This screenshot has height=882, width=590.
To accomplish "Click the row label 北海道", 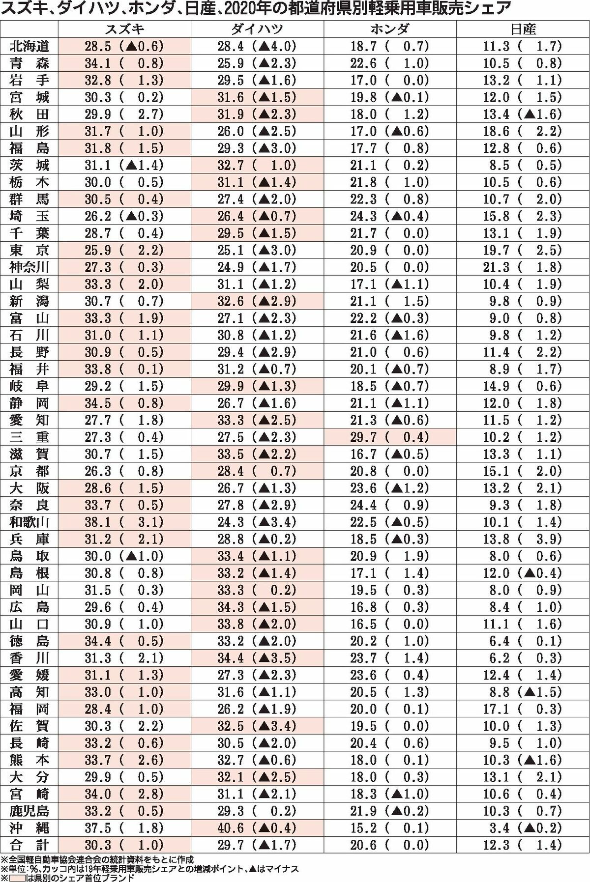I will pyautogui.click(x=29, y=47).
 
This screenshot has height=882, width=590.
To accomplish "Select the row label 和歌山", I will pyautogui.click(x=29, y=522).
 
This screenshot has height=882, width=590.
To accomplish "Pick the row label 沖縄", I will pyautogui.click(x=29, y=828).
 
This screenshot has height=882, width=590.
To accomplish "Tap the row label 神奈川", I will pyautogui.click(x=29, y=267).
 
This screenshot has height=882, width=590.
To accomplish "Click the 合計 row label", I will pyautogui.click(x=29, y=845).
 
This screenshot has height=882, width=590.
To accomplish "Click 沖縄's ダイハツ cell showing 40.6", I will pyautogui.click(x=257, y=828).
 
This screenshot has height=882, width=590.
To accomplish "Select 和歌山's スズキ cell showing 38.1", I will pyautogui.click(x=124, y=522).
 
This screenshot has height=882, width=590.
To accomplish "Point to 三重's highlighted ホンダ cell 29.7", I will pyautogui.click(x=389, y=437).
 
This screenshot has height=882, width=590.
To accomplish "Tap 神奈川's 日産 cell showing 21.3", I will pyautogui.click(x=523, y=267).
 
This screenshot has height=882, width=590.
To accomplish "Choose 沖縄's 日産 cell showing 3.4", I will pyautogui.click(x=523, y=828).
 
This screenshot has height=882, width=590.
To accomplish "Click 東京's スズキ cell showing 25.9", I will pyautogui.click(x=124, y=250).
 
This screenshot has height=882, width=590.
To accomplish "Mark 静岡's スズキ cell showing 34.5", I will pyautogui.click(x=124, y=403).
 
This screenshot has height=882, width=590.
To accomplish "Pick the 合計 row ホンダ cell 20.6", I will pyautogui.click(x=389, y=845).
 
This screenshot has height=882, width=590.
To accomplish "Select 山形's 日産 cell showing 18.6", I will pyautogui.click(x=523, y=131).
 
